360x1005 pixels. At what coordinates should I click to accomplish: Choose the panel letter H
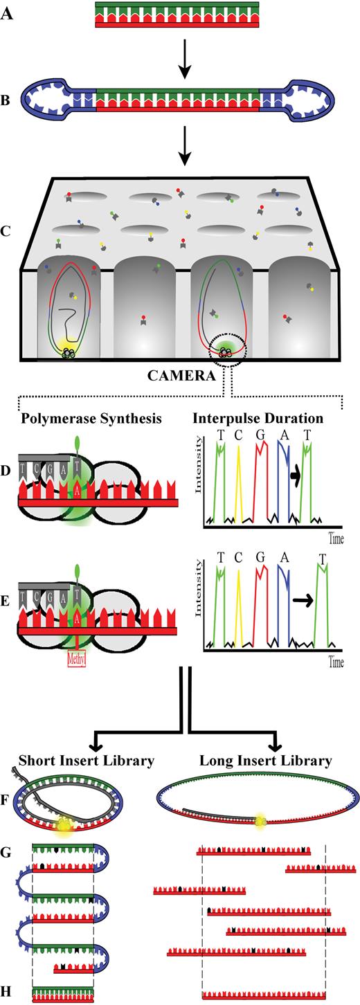tap(8, 993)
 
